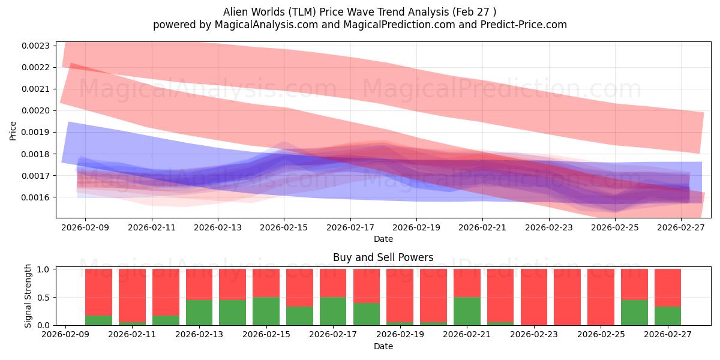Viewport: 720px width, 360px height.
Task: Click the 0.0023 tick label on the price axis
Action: pyautogui.click(x=35, y=46)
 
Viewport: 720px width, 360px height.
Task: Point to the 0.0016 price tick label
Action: pyautogui.click(x=35, y=197)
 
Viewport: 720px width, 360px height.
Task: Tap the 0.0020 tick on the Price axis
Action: pyautogui.click(x=35, y=111)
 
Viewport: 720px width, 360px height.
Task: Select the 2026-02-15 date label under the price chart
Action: pyautogui.click(x=284, y=227)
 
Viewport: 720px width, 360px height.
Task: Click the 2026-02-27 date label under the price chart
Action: pyautogui.click(x=681, y=227)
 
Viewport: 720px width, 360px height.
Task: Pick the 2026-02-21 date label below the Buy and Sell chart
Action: pyautogui.click(x=467, y=334)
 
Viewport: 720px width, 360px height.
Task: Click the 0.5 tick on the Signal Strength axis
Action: pyautogui.click(x=43, y=298)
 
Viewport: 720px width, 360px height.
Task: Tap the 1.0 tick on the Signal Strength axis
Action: pyautogui.click(x=43, y=269)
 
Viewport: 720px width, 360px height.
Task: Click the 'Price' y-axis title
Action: pyautogui.click(x=13, y=131)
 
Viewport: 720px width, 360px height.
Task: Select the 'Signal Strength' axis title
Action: pyautogui.click(x=28, y=296)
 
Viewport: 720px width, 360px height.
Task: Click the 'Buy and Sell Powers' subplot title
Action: pyautogui.click(x=383, y=257)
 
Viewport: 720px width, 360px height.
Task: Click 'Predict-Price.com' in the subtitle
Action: pyautogui.click(x=524, y=25)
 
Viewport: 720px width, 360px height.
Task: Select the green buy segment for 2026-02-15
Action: pyautogui.click(x=266, y=311)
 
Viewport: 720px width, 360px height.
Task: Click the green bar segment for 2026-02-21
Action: pyautogui.click(x=467, y=311)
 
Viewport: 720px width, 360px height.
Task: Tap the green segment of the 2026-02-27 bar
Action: pyautogui.click(x=668, y=316)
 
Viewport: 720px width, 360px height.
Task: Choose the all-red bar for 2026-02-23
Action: pyautogui.click(x=534, y=298)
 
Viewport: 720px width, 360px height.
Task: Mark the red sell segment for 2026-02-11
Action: pyautogui.click(x=132, y=295)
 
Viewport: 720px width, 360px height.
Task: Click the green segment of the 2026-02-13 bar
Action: pyautogui.click(x=199, y=313)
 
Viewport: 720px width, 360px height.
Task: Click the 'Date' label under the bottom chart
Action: pyautogui.click(x=383, y=346)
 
